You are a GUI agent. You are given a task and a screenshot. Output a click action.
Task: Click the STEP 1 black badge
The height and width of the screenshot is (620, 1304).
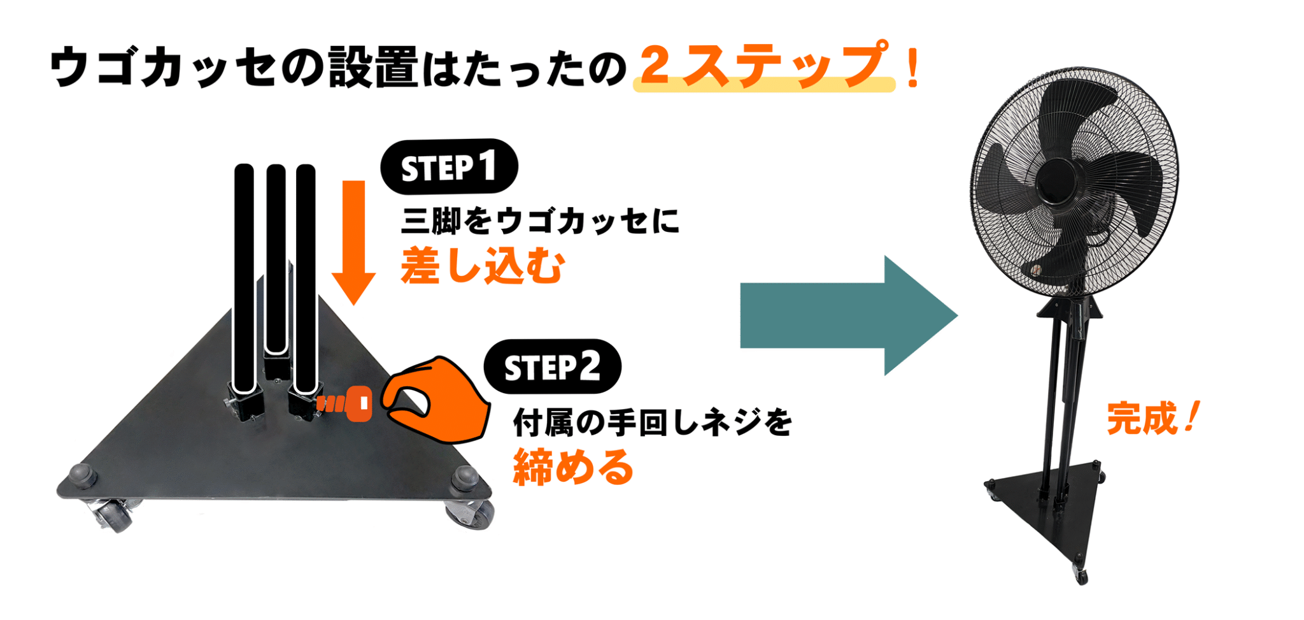[449, 167]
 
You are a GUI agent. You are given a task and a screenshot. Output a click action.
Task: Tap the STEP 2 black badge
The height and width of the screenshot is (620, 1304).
[552, 367]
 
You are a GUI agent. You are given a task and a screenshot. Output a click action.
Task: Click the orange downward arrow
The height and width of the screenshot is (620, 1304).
[354, 242]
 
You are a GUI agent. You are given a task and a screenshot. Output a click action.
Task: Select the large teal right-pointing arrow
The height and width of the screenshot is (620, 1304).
[849, 315]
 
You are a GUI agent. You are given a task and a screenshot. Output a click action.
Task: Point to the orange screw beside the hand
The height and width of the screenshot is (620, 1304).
[344, 403]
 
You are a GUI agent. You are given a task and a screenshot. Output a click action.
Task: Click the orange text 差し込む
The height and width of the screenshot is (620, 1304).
[483, 266]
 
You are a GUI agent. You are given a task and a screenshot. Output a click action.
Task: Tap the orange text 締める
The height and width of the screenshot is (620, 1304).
[573, 467]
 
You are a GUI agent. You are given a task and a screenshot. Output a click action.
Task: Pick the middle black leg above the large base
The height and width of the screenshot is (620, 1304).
[276, 259]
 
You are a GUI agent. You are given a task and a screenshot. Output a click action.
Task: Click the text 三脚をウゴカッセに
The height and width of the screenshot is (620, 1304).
[540, 221]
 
